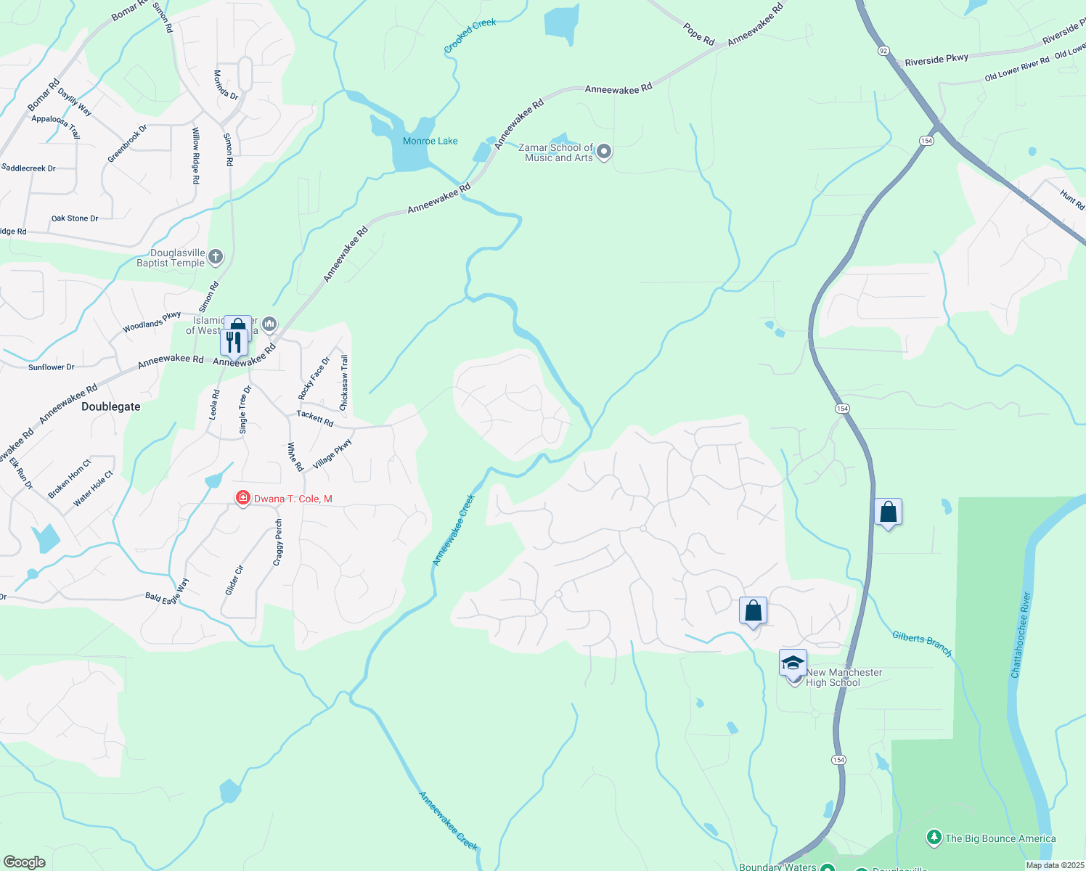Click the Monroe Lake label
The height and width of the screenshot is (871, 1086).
pyautogui.click(x=430, y=141)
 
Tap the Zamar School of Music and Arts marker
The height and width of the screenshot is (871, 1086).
pyautogui.click(x=604, y=152)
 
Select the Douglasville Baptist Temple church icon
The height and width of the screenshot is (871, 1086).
pyautogui.click(x=216, y=256)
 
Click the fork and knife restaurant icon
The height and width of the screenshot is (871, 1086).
pyautogui.click(x=234, y=342)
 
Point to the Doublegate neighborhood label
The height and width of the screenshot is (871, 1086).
pyautogui.click(x=111, y=406)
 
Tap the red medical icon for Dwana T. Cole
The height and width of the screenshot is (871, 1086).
pyautogui.click(x=242, y=498)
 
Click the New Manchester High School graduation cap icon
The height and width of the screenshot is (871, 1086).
pyautogui.click(x=793, y=663)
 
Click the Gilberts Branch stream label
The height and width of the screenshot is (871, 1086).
pyautogui.click(x=921, y=643)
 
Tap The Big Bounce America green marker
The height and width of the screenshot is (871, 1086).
pyautogui.click(x=934, y=838)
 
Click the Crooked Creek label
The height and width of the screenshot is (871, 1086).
pyautogui.click(x=470, y=36)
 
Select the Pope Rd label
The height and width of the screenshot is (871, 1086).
pyautogui.click(x=698, y=33)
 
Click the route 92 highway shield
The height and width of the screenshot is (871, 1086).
pyautogui.click(x=883, y=51)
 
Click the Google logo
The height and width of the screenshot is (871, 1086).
pyautogui.click(x=24, y=862)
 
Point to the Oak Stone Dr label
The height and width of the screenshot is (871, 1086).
pyautogui.click(x=75, y=218)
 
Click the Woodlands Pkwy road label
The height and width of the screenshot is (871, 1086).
pyautogui.click(x=152, y=322)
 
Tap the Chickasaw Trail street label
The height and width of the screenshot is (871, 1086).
pyautogui.click(x=344, y=382)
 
